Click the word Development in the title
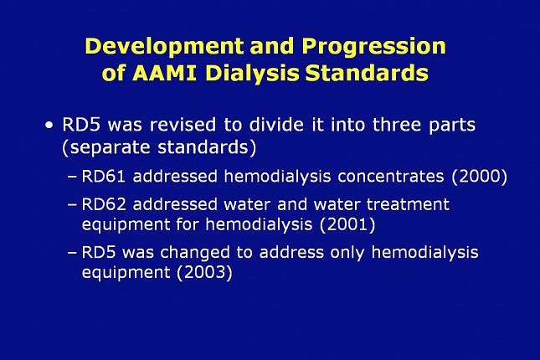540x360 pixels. [x=165, y=47]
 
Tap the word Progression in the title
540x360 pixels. [x=374, y=47]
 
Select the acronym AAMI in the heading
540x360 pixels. [x=164, y=73]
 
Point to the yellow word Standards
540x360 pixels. [x=368, y=73]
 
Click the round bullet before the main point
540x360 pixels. [x=49, y=125]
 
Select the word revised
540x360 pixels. [x=183, y=125]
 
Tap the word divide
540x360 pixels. [x=276, y=125]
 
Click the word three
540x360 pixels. [x=397, y=125]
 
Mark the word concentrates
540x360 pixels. [x=390, y=177]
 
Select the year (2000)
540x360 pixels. [x=480, y=177]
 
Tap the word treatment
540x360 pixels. [x=408, y=204]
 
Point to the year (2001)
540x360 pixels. [x=347, y=225]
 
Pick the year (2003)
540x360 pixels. [x=204, y=273]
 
